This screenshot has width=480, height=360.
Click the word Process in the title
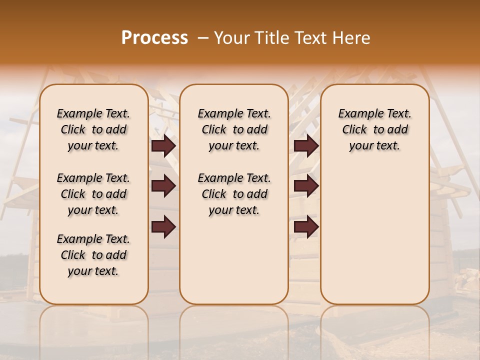(154, 38)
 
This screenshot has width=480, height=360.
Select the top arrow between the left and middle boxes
(163, 146)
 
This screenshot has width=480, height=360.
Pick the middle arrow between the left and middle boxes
(163, 186)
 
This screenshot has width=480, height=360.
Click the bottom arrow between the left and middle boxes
(163, 226)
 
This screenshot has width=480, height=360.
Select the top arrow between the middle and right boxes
(306, 146)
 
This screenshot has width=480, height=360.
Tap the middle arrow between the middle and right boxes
(306, 186)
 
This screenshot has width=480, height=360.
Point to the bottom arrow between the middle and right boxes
(306, 226)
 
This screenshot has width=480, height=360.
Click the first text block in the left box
(93, 129)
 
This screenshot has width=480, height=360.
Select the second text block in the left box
(93, 194)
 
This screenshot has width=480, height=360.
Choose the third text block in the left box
(93, 255)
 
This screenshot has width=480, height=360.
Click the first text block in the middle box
(234, 129)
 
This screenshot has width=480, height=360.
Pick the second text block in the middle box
(234, 194)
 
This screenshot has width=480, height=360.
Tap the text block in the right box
(375, 129)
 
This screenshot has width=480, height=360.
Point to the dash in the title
(203, 38)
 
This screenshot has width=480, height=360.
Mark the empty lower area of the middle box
(234, 260)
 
